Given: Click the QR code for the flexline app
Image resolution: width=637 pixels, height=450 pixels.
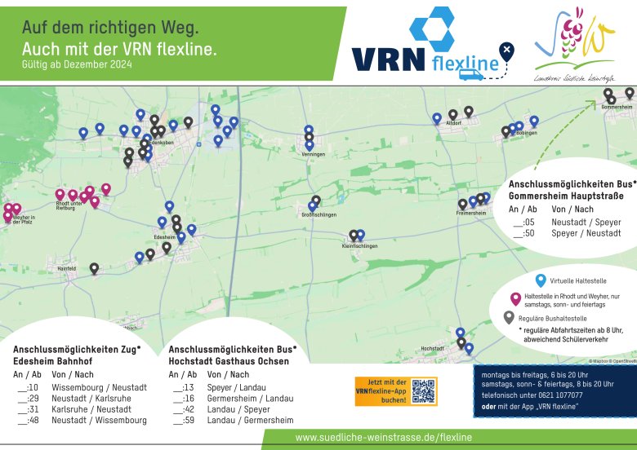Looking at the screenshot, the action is point(424,391).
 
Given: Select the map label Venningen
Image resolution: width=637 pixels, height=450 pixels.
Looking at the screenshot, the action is point(313,154).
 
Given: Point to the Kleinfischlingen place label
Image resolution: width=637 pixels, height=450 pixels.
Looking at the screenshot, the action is point(359,245).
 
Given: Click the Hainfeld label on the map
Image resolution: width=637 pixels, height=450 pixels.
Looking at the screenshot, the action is point(66,267).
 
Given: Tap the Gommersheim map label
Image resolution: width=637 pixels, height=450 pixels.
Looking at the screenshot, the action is point(617,107).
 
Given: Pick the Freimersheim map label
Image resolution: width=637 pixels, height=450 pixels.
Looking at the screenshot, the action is point(471,213).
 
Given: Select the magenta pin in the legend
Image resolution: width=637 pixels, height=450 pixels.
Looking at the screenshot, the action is point(514,298).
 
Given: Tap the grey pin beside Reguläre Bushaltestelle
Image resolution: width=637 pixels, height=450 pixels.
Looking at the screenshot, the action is point(510,317).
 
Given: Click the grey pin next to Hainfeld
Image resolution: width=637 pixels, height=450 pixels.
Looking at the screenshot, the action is point(94,268).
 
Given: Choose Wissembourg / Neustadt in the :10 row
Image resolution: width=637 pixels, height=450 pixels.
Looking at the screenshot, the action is point(99,386).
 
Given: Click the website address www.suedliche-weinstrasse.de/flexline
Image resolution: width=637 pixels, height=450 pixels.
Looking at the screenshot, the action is point(384,438).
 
